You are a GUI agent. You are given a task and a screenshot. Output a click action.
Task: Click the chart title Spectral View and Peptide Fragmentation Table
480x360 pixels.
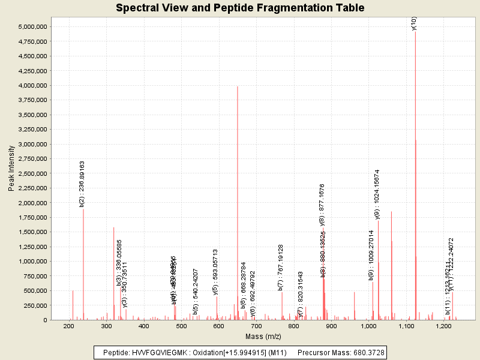239,8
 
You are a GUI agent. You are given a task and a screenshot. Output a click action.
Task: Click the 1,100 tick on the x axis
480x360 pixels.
406,326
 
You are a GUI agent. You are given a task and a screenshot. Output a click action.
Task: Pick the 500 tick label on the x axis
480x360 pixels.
181,326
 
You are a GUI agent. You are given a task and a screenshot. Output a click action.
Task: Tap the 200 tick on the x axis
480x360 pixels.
69,326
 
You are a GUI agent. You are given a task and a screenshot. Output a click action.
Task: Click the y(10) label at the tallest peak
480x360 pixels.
414,23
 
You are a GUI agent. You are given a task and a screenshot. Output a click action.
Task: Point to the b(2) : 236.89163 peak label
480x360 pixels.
82,184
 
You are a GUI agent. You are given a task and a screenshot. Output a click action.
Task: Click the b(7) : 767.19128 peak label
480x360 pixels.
281,267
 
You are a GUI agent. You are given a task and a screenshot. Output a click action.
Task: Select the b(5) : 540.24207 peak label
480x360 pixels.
196,292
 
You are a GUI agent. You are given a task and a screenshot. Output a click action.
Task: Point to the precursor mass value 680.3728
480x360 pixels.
368,352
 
